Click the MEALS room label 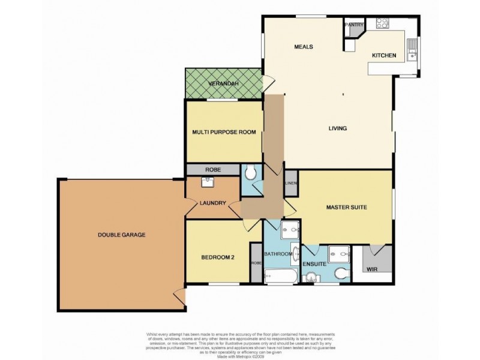[304, 47]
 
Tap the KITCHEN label [384, 56]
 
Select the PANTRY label [354, 25]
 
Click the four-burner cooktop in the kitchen [382, 23]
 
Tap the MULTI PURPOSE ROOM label [224, 132]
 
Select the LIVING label [338, 128]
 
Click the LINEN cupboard [291, 183]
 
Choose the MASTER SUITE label [346, 208]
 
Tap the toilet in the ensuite [341, 273]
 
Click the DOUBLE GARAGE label [121, 235]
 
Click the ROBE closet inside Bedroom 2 [256, 262]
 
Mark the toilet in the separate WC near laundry [251, 173]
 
